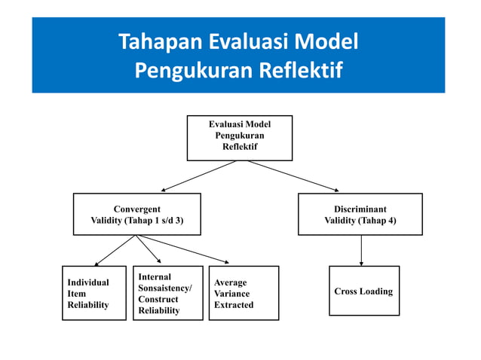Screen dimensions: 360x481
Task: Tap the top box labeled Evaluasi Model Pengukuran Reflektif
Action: click(239, 138)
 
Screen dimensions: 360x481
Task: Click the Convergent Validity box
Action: click(136, 215)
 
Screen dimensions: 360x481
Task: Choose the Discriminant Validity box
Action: click(360, 215)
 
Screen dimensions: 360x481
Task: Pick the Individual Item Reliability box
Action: click(93, 293)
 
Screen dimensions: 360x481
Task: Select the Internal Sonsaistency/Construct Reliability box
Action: click(167, 293)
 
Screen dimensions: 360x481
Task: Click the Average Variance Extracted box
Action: click(244, 293)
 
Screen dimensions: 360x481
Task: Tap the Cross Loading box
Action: click(363, 291)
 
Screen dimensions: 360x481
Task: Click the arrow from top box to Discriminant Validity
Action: click(294, 176)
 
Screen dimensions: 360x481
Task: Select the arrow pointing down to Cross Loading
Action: click(361, 251)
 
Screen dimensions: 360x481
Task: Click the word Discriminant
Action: click(360, 209)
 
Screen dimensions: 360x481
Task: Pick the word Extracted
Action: click(234, 305)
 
